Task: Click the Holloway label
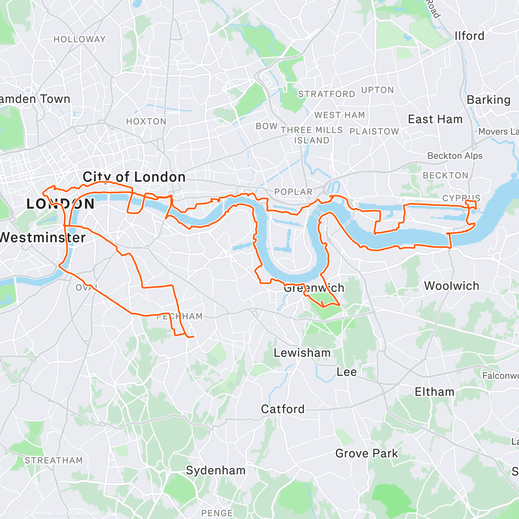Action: pyautogui.click(x=80, y=39)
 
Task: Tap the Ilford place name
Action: pyautogui.click(x=469, y=36)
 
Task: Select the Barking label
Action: pyautogui.click(x=488, y=100)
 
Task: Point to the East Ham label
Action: pyautogui.click(x=435, y=119)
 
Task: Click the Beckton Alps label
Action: pyautogui.click(x=455, y=156)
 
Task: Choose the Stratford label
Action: pyautogui.click(x=327, y=94)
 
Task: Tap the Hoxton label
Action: pyautogui.click(x=146, y=122)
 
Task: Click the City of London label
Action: pyautogui.click(x=134, y=177)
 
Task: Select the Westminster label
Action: pyautogui.click(x=42, y=237)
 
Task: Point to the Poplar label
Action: pyautogui.click(x=293, y=192)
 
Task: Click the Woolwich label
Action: pyautogui.click(x=452, y=286)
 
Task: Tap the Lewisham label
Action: pyautogui.click(x=302, y=353)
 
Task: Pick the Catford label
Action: pyautogui.click(x=283, y=409)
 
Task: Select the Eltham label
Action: pyautogui.click(x=435, y=392)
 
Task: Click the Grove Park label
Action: pyautogui.click(x=367, y=454)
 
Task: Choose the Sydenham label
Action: pyautogui.click(x=215, y=471)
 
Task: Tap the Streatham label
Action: pyautogui.click(x=54, y=461)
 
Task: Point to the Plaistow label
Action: pyautogui.click(x=374, y=131)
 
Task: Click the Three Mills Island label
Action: pyautogui.click(x=312, y=135)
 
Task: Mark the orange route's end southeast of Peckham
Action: pyautogui.click(x=193, y=336)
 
